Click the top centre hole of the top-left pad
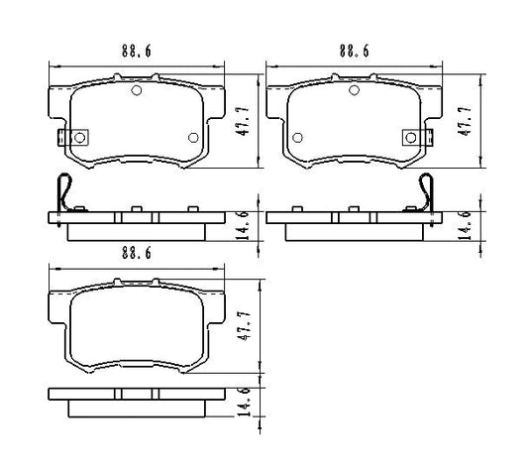click(137, 91)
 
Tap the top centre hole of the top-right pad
click(353, 91)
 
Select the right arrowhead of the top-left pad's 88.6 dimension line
click(223, 65)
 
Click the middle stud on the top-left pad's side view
click(137, 210)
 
